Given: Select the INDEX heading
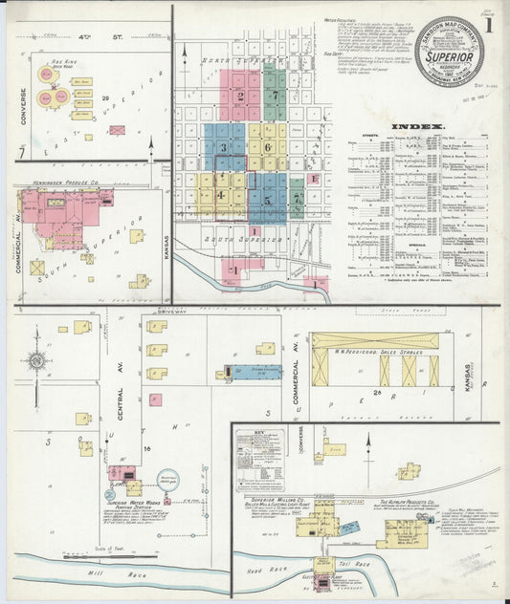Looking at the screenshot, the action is click(418, 126).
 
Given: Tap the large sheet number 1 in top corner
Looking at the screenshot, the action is click(488, 26).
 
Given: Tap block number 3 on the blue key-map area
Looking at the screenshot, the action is click(224, 148).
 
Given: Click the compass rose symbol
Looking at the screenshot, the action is click(37, 360).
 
